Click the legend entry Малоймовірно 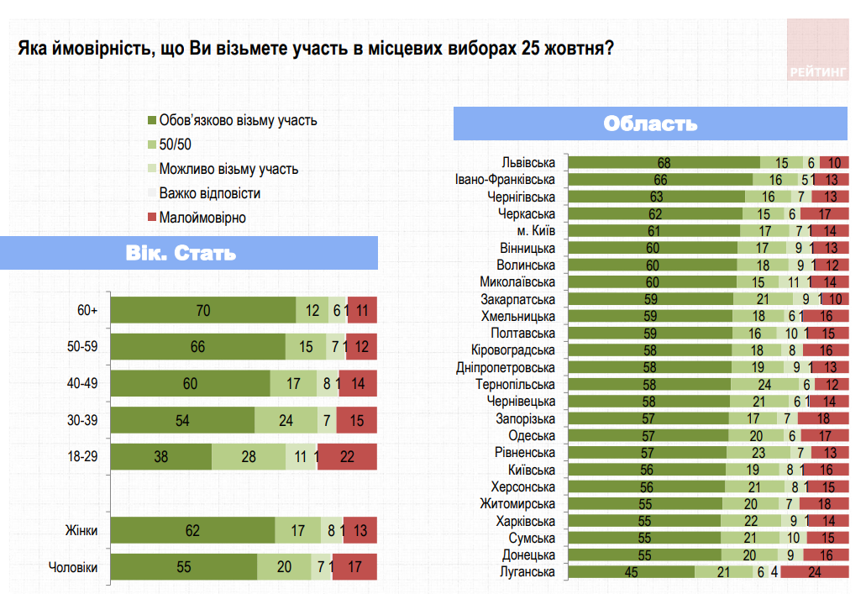click(202, 218)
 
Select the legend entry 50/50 click(175, 145)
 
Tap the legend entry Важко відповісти click(209, 193)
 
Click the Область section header click(650, 124)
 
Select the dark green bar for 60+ click(203, 310)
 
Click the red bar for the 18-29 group click(347, 457)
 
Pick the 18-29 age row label click(84, 457)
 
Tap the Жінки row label click(81, 530)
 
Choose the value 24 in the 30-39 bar click(286, 420)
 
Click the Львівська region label click(527, 162)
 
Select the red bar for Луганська click(813, 572)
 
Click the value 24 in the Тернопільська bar click(766, 384)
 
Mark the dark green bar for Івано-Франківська click(660, 180)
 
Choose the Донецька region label click(529, 555)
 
